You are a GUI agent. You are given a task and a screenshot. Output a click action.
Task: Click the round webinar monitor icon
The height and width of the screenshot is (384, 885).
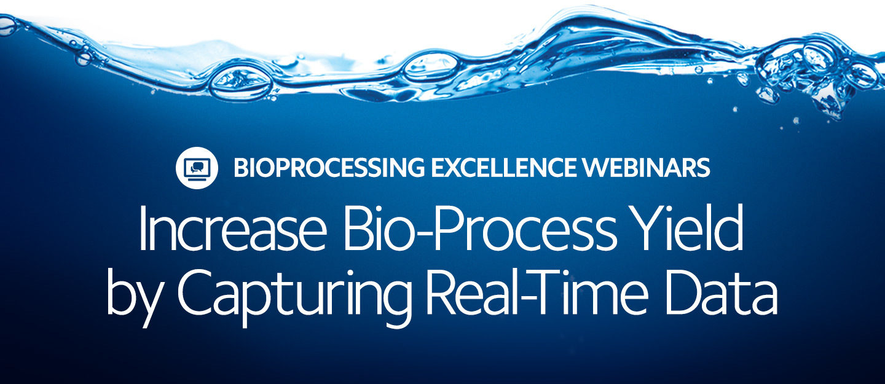tap(197, 168)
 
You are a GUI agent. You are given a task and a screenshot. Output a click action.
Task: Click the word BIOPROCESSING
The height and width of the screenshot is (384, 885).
tap(329, 168)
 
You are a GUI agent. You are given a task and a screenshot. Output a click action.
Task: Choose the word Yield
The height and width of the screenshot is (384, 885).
tap(688, 229)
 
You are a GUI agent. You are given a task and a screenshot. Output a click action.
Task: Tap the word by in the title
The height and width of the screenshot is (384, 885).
tap(133, 296)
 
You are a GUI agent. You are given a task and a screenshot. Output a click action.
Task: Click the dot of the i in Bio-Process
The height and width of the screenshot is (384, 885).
tap(381, 211)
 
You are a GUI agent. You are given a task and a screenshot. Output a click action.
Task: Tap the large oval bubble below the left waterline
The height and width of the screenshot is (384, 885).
tap(241, 82)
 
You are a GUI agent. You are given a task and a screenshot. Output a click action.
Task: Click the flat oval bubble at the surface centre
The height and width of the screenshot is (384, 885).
tap(431, 65)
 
